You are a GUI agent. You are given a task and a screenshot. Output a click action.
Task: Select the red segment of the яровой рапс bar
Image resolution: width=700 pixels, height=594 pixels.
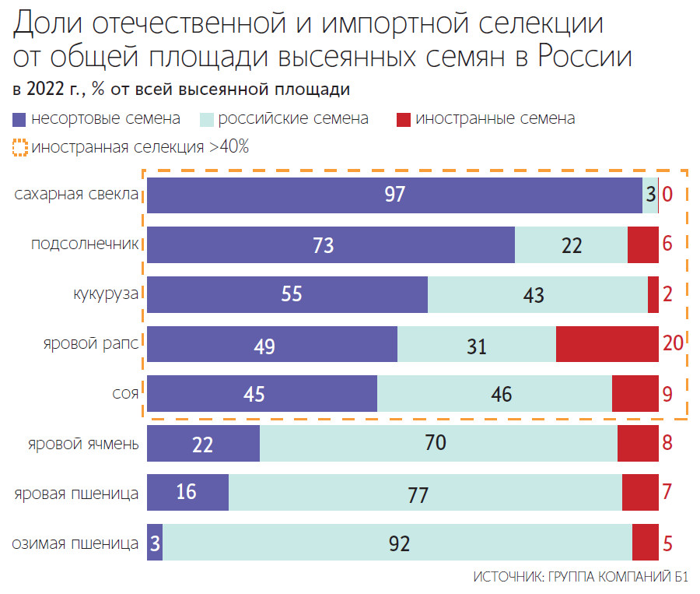pos(607,344)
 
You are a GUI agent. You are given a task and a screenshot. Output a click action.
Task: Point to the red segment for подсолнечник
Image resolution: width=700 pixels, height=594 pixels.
pos(642,244)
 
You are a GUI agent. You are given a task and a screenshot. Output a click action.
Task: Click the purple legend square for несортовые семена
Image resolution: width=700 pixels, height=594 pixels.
pos(19,120)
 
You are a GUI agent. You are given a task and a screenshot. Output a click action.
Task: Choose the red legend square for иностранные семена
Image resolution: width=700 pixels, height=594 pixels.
pos(404,120)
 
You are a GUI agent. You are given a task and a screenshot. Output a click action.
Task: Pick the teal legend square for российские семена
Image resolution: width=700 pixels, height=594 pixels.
pos(206,120)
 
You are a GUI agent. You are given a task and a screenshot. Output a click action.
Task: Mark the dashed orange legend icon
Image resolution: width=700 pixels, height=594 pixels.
pos(19,146)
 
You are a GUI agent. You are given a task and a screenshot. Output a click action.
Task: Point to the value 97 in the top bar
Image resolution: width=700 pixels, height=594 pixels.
pos(395,195)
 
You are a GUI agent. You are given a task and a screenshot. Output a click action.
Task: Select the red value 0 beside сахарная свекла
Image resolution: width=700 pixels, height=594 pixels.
pos(667,195)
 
